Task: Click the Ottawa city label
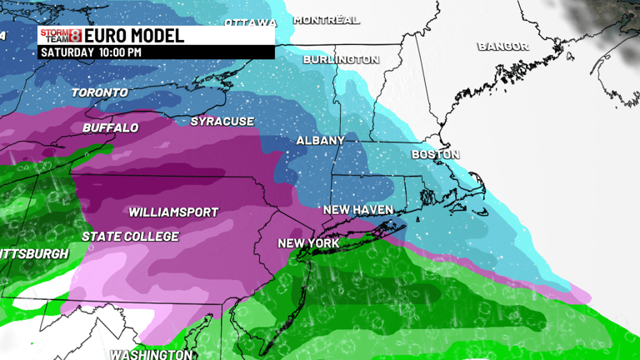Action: (x=251, y=22)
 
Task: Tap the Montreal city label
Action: (x=327, y=20)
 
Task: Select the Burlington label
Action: (x=341, y=60)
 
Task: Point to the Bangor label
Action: (x=503, y=47)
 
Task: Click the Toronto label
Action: (x=100, y=92)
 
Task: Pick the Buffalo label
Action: (x=110, y=128)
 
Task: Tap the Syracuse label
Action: (x=222, y=122)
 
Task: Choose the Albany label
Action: (x=321, y=141)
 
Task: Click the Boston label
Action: (x=435, y=155)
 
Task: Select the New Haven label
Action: (x=357, y=210)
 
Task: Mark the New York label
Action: (x=308, y=243)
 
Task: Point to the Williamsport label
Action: (x=173, y=212)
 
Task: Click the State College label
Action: (x=130, y=237)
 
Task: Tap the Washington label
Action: (x=151, y=354)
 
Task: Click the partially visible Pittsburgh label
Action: (x=33, y=253)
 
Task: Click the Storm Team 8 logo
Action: (x=61, y=36)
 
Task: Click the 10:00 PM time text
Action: (x=122, y=52)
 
